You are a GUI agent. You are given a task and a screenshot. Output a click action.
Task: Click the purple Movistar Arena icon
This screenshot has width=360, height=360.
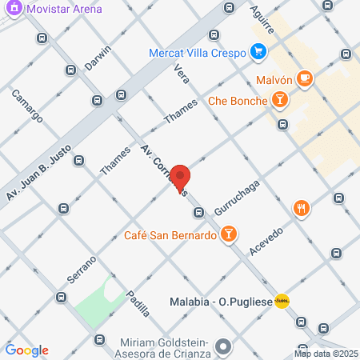14,9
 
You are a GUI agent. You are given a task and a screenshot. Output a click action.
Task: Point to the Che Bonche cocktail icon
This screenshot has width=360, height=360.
279,100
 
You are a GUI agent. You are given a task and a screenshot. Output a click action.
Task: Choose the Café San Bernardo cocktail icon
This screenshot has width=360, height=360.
229,235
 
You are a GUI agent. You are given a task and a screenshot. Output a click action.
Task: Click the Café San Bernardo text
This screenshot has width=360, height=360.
170,235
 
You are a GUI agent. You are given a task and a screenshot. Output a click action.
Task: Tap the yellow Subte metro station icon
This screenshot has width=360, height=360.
282,301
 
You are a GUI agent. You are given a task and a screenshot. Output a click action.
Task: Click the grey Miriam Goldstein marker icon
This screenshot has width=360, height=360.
224,347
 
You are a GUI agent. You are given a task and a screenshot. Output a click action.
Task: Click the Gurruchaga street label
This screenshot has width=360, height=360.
233,197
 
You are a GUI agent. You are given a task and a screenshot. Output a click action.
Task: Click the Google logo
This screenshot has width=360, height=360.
26,350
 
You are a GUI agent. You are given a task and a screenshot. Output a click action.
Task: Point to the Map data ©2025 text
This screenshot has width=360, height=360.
326,354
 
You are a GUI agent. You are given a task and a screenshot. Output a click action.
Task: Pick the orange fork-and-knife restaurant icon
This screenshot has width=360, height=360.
301,209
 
